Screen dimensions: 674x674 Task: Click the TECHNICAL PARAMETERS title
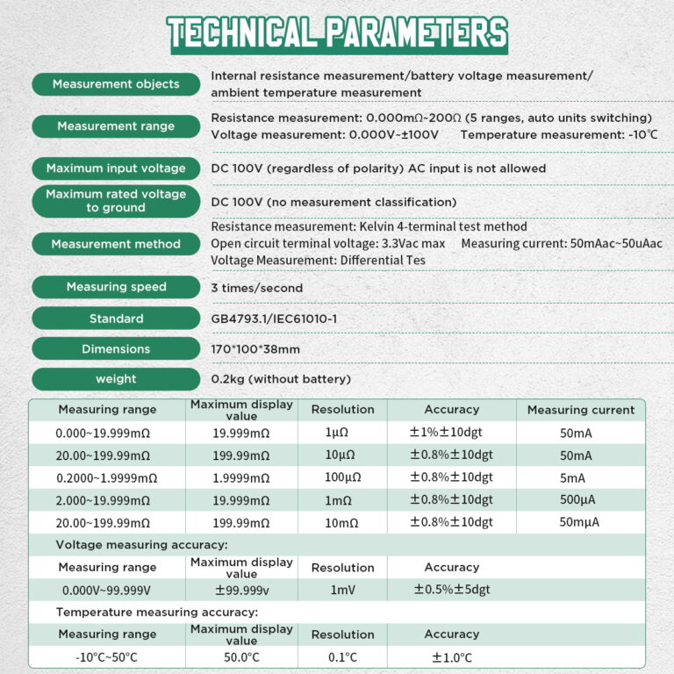337,32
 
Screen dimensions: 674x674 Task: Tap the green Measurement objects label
116,84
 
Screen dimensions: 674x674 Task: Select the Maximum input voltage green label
116,168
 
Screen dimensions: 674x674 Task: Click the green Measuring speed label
116,287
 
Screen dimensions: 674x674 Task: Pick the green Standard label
116,319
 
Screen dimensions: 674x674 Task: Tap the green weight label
116,379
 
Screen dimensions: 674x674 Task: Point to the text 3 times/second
257,288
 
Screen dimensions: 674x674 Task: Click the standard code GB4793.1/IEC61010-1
273,319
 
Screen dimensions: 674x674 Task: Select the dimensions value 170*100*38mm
255,349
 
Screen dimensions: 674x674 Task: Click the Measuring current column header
580,410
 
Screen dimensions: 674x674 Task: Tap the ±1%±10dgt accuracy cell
451,433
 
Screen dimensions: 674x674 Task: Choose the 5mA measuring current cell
576,478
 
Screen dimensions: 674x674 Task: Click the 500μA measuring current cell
576,500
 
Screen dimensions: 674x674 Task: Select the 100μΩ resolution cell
342,478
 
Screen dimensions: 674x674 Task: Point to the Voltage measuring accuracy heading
141,544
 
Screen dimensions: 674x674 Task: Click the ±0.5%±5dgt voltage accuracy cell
452,590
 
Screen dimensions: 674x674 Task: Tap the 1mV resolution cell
342,590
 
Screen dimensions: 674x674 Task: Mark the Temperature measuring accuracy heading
157,612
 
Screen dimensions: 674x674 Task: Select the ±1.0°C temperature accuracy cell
451,657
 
